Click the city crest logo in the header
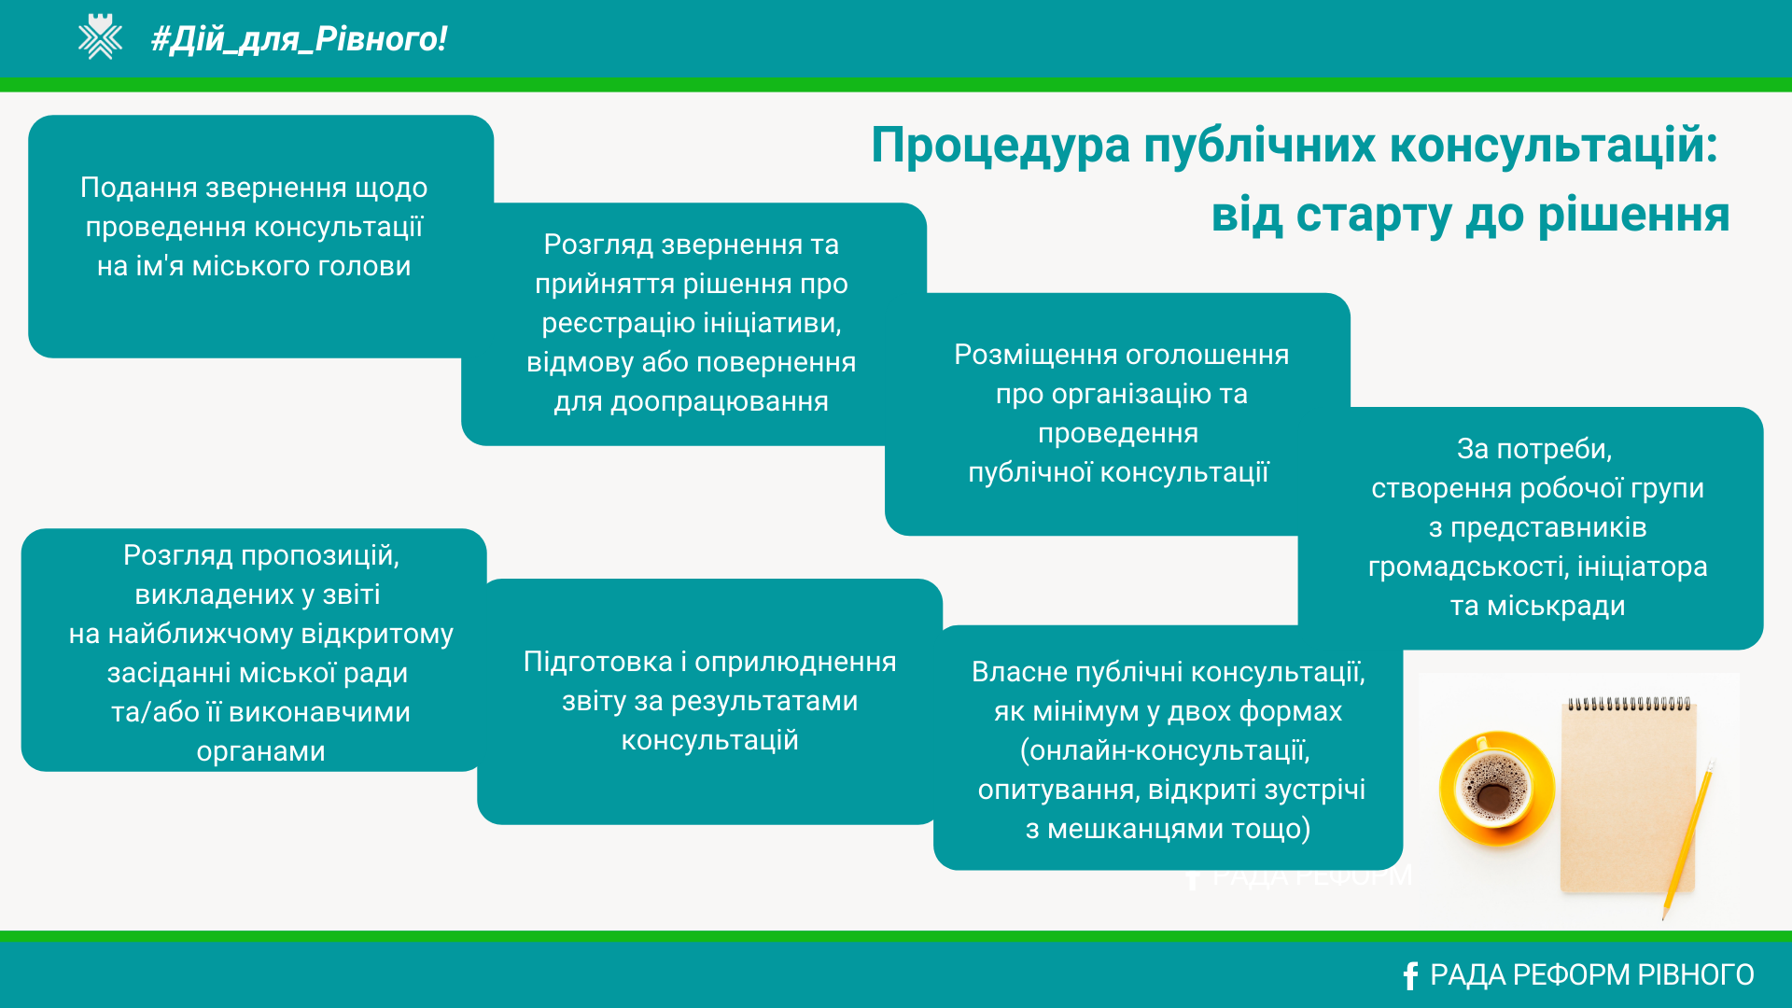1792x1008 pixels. (100, 37)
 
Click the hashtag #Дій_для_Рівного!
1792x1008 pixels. (299, 39)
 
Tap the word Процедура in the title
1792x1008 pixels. (1000, 147)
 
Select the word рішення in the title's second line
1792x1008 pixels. (1633, 216)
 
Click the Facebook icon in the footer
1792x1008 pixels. (1410, 975)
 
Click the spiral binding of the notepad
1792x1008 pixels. (1629, 704)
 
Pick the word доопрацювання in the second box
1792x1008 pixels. (720, 402)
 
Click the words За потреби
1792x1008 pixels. (1534, 449)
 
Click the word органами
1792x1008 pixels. (261, 751)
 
